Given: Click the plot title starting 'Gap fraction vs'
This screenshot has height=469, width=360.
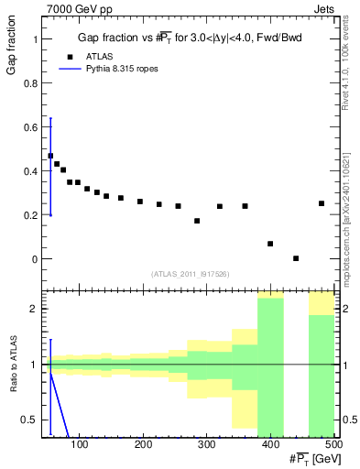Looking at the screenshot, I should [191, 38].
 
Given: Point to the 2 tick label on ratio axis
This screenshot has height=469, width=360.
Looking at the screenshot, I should [35, 309].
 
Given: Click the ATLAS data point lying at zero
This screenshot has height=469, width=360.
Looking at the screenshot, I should [296, 258].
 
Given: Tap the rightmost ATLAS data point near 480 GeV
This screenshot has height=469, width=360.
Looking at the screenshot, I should [322, 203].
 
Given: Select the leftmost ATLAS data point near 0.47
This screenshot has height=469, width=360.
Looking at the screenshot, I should [50, 156].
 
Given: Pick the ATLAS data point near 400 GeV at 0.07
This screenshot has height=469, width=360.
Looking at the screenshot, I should [270, 244].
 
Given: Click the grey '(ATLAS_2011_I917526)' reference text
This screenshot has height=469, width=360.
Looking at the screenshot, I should [191, 274].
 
